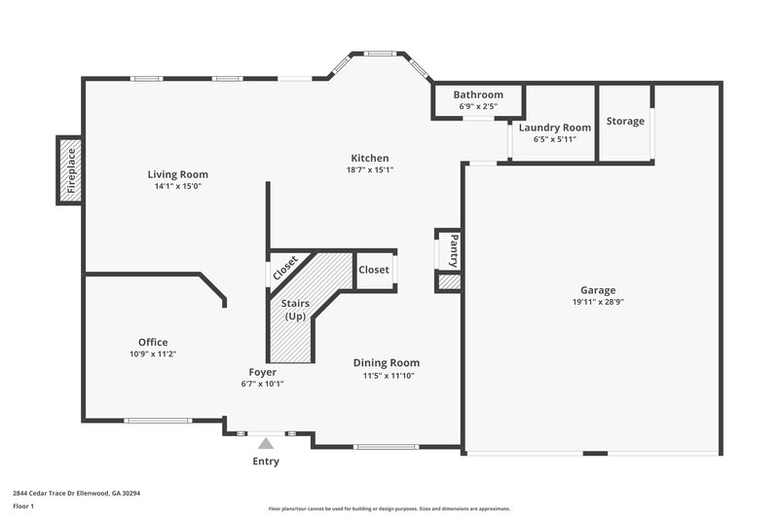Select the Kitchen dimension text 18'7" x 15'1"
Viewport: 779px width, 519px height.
(370, 169)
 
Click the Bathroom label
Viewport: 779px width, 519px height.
(479, 94)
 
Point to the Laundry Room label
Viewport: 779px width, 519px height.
(555, 128)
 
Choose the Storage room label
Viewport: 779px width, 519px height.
(625, 121)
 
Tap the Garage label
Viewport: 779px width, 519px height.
(598, 290)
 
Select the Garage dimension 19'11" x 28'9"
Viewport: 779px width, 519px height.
(598, 303)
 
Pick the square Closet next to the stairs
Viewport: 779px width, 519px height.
(374, 270)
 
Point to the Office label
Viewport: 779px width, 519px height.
(153, 342)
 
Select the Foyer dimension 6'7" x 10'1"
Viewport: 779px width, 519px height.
(262, 384)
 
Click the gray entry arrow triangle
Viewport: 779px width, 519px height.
(266, 443)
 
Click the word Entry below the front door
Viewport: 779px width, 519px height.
(266, 462)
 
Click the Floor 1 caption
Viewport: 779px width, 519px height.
(24, 506)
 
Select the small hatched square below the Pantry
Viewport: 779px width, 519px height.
(448, 282)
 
